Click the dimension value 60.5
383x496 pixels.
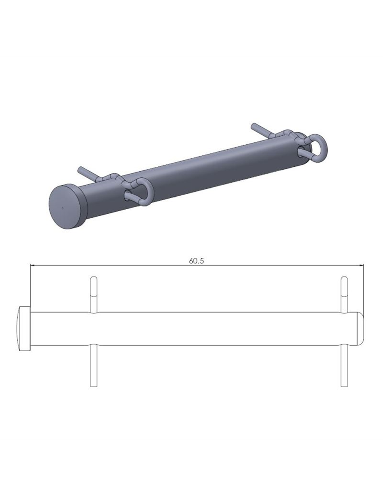point(196,261)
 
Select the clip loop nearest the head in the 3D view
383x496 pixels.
point(142,192)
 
